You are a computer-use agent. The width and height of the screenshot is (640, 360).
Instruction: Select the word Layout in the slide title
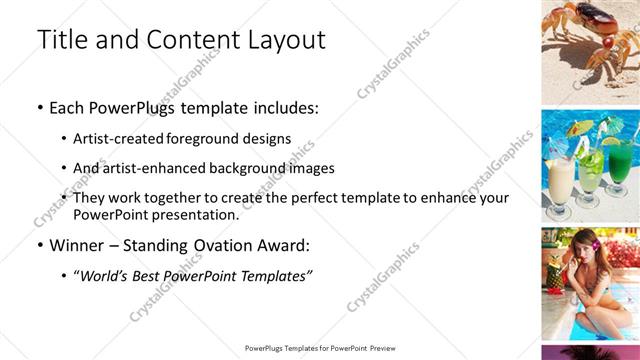[x=286, y=40]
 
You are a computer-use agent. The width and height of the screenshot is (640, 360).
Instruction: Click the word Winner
[x=77, y=245]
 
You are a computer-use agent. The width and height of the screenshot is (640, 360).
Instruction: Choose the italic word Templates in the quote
[x=274, y=276]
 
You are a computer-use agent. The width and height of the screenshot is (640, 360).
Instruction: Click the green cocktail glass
[x=619, y=160]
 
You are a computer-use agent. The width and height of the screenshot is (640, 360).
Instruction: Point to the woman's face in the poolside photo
[x=584, y=246]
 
